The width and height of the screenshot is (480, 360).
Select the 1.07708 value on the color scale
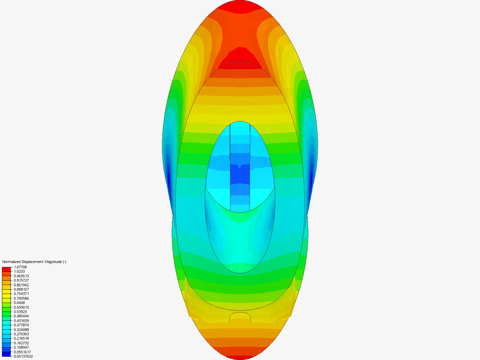pos(20,267)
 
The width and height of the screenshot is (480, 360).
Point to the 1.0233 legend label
pos(19,271)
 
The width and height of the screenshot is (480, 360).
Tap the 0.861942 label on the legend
pos(21,285)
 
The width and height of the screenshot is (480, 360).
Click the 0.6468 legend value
pos(19,303)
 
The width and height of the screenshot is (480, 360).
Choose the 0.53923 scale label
pos(20,312)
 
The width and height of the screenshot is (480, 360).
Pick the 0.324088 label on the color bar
pos(21,330)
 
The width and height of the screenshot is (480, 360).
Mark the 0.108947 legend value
pos(21,347)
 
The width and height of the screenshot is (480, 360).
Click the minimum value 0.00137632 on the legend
pos(23,356)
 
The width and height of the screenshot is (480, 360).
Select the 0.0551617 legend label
pos(22,352)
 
